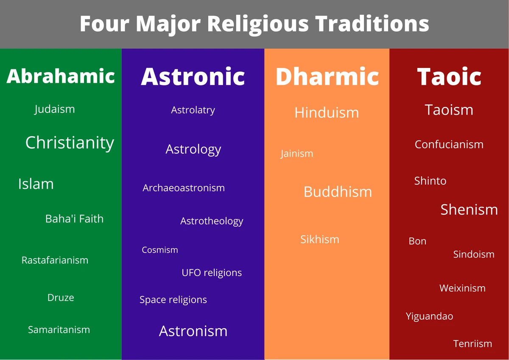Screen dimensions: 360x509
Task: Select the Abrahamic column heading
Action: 61,76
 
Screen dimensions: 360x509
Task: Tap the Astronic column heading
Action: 193,76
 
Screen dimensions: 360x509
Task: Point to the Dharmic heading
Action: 327,76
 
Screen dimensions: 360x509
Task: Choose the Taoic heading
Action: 449,77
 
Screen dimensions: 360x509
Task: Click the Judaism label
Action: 55,109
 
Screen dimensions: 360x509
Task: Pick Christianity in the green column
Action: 70,143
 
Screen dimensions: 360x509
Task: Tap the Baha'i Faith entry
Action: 74,219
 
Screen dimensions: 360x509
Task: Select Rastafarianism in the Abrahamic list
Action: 55,260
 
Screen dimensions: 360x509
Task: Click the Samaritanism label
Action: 59,329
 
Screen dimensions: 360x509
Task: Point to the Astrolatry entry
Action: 193,110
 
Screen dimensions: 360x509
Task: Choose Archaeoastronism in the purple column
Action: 184,188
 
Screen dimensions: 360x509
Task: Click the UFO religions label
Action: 212,273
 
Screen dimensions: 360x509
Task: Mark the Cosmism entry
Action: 160,250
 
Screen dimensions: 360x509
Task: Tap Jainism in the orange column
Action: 297,154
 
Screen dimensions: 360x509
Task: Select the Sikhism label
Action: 320,239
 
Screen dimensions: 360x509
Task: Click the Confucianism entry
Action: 449,144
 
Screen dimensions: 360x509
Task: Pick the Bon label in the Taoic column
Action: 417,241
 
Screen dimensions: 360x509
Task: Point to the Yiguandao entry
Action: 429,316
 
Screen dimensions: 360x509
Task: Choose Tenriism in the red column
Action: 473,343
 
